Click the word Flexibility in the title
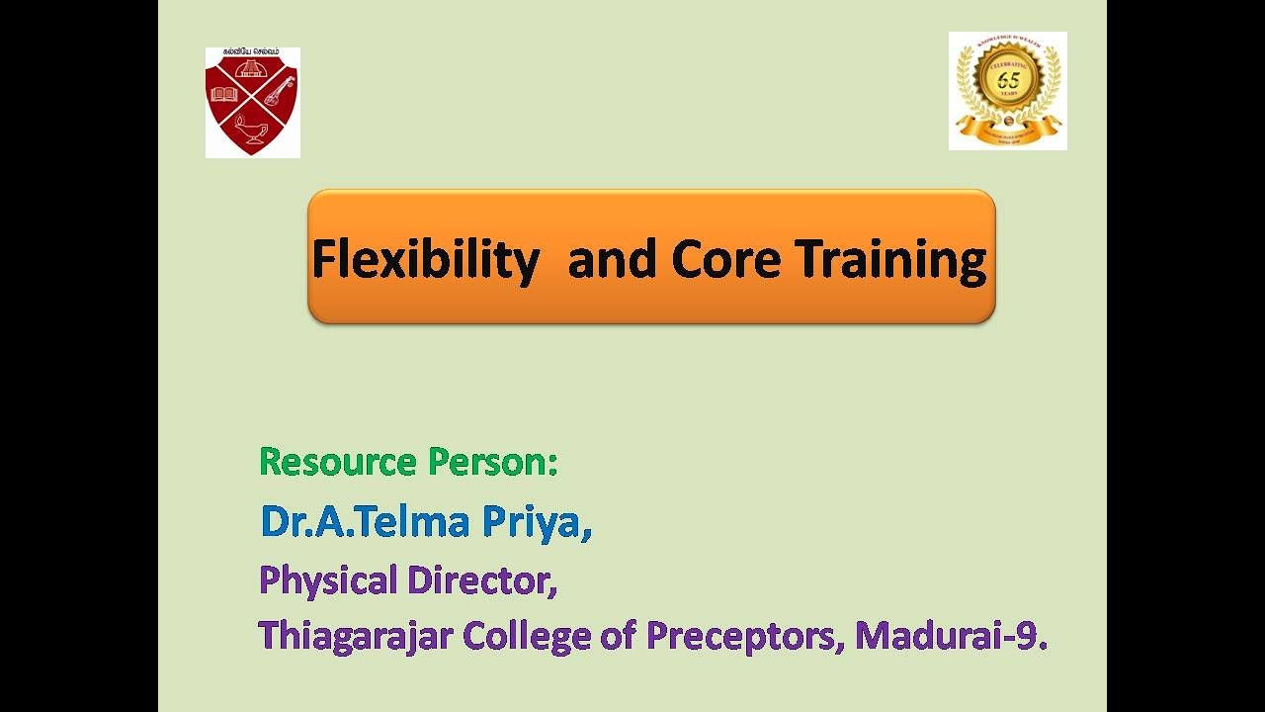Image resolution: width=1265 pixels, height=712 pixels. tap(425, 260)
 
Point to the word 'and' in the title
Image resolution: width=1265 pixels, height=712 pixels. tap(613, 259)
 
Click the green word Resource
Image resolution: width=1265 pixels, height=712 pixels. tap(337, 462)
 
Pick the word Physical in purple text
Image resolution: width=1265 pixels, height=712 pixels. tap(327, 579)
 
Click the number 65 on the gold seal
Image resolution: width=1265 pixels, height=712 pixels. tap(1008, 80)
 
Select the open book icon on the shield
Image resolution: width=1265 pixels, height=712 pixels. tap(224, 95)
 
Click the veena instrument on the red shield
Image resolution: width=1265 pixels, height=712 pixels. tap(279, 96)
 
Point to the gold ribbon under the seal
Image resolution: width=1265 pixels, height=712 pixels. tap(1008, 126)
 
